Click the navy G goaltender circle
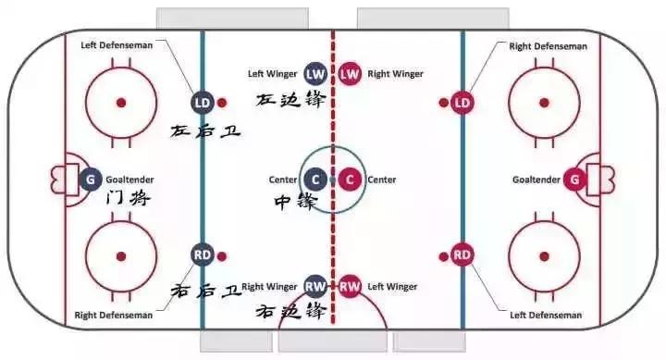coord(90,180)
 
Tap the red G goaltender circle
coord(575,180)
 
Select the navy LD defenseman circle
coord(203,101)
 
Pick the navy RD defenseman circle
coord(203,254)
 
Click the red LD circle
coord(462,101)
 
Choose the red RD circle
coord(462,254)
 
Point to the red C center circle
coord(350,180)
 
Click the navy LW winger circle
coord(315,73)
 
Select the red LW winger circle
coord(350,73)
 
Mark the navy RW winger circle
coord(315,286)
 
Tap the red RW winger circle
coord(350,286)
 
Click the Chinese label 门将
coord(128,198)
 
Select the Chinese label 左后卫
coord(205,131)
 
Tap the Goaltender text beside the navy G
coord(129,180)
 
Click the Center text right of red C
coord(382,180)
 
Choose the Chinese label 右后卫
coord(205,290)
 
